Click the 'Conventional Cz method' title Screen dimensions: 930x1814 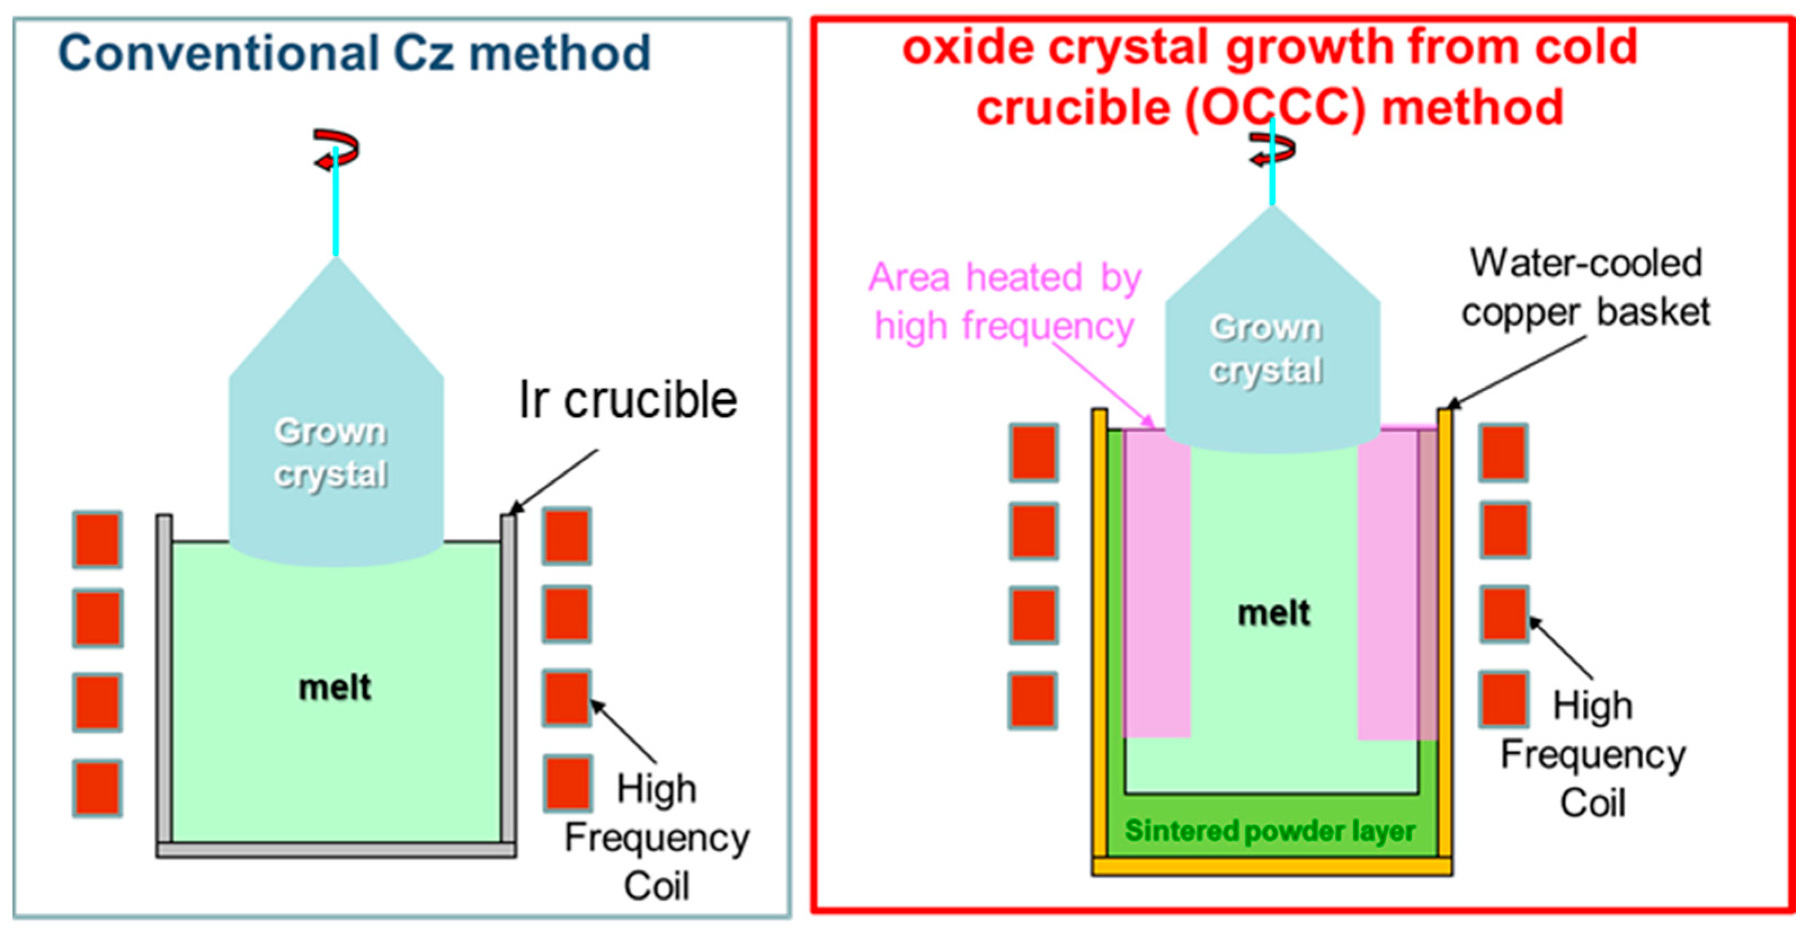(354, 54)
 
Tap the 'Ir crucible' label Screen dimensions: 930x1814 (627, 400)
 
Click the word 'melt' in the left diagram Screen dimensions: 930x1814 (335, 688)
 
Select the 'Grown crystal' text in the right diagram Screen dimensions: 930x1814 (1265, 349)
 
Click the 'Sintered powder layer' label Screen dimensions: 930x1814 (1269, 831)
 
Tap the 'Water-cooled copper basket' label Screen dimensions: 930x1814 (1585, 287)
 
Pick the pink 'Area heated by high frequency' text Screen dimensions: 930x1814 (1004, 302)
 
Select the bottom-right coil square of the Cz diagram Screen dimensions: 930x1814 (567, 783)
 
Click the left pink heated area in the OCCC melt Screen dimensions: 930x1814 (1157, 585)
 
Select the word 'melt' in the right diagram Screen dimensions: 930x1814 (1273, 613)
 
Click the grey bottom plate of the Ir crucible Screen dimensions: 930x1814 (336, 850)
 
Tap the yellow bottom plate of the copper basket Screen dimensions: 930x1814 (1272, 867)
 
